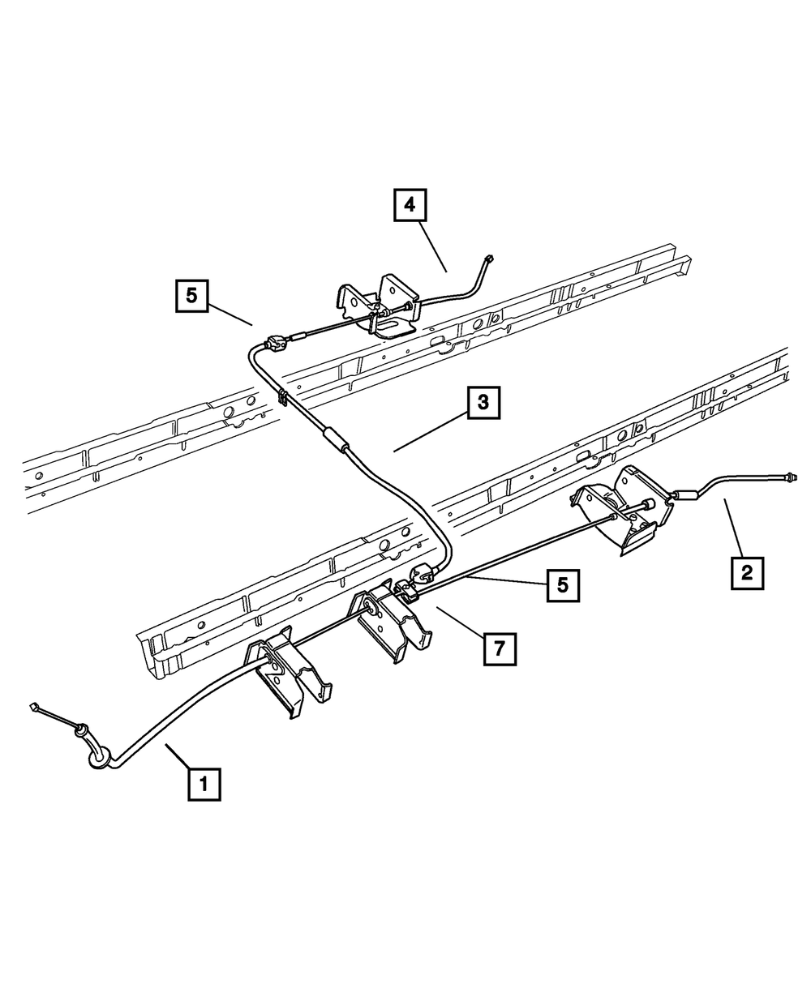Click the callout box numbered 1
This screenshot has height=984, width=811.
[x=204, y=783]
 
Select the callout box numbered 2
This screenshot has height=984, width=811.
[x=746, y=572]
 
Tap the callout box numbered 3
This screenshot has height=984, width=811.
[x=483, y=404]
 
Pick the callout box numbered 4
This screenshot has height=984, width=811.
[x=410, y=205]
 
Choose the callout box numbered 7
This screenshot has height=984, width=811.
[x=500, y=648]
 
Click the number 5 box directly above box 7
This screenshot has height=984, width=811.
[x=563, y=584]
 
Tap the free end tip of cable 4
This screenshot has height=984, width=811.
[x=487, y=259]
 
